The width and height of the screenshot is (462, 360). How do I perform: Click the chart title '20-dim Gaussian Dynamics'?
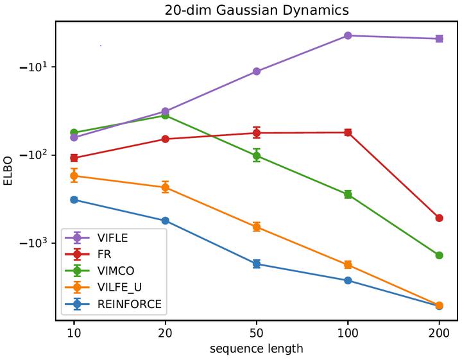[256, 10]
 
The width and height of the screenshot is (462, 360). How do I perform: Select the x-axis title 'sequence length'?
[256, 349]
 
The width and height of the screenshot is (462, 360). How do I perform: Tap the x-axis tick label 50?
[257, 334]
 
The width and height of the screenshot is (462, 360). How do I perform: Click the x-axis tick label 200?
[439, 334]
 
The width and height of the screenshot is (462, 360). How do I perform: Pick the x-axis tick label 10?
[74, 334]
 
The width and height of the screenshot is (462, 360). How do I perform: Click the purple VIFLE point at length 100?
[348, 35]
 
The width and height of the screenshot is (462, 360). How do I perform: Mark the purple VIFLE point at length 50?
[257, 71]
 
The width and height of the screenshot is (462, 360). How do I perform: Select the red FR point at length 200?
[439, 218]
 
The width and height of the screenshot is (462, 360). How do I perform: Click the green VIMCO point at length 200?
[439, 255]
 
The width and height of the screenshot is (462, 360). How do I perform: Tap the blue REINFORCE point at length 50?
[257, 264]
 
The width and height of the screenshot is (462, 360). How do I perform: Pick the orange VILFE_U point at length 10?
[74, 176]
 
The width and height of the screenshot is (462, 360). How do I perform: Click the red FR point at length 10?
[74, 158]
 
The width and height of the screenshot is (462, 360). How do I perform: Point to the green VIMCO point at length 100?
[348, 194]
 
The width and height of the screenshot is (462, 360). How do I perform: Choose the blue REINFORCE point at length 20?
[166, 221]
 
